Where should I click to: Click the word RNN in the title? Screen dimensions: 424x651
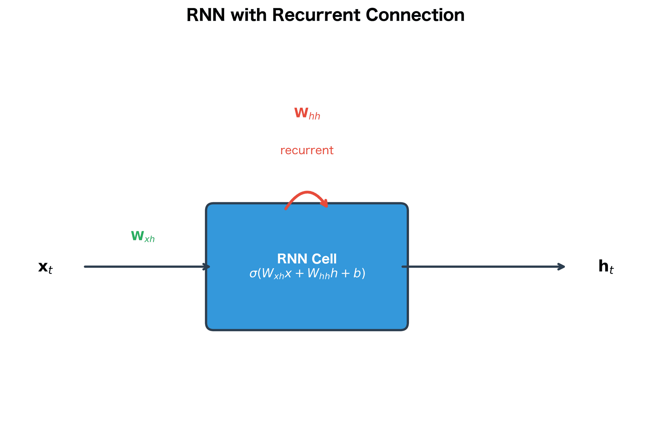205,15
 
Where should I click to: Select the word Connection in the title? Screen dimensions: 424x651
415,15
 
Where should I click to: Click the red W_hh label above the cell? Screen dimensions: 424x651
307,113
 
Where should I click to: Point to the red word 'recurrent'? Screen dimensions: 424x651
307,150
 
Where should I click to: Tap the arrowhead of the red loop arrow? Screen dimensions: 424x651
325,204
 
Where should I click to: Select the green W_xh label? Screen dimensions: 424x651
143,236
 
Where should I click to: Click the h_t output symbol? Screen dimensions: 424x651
606,267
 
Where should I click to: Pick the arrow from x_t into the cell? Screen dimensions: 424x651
146,267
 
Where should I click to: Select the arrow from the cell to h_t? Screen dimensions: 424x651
481,267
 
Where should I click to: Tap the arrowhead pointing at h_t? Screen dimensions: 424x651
562,267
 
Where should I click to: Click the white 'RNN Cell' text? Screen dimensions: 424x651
307,259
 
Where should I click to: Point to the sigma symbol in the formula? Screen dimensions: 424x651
253,273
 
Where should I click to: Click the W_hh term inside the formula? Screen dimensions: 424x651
318,274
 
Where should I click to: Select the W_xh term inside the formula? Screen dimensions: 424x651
273,274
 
